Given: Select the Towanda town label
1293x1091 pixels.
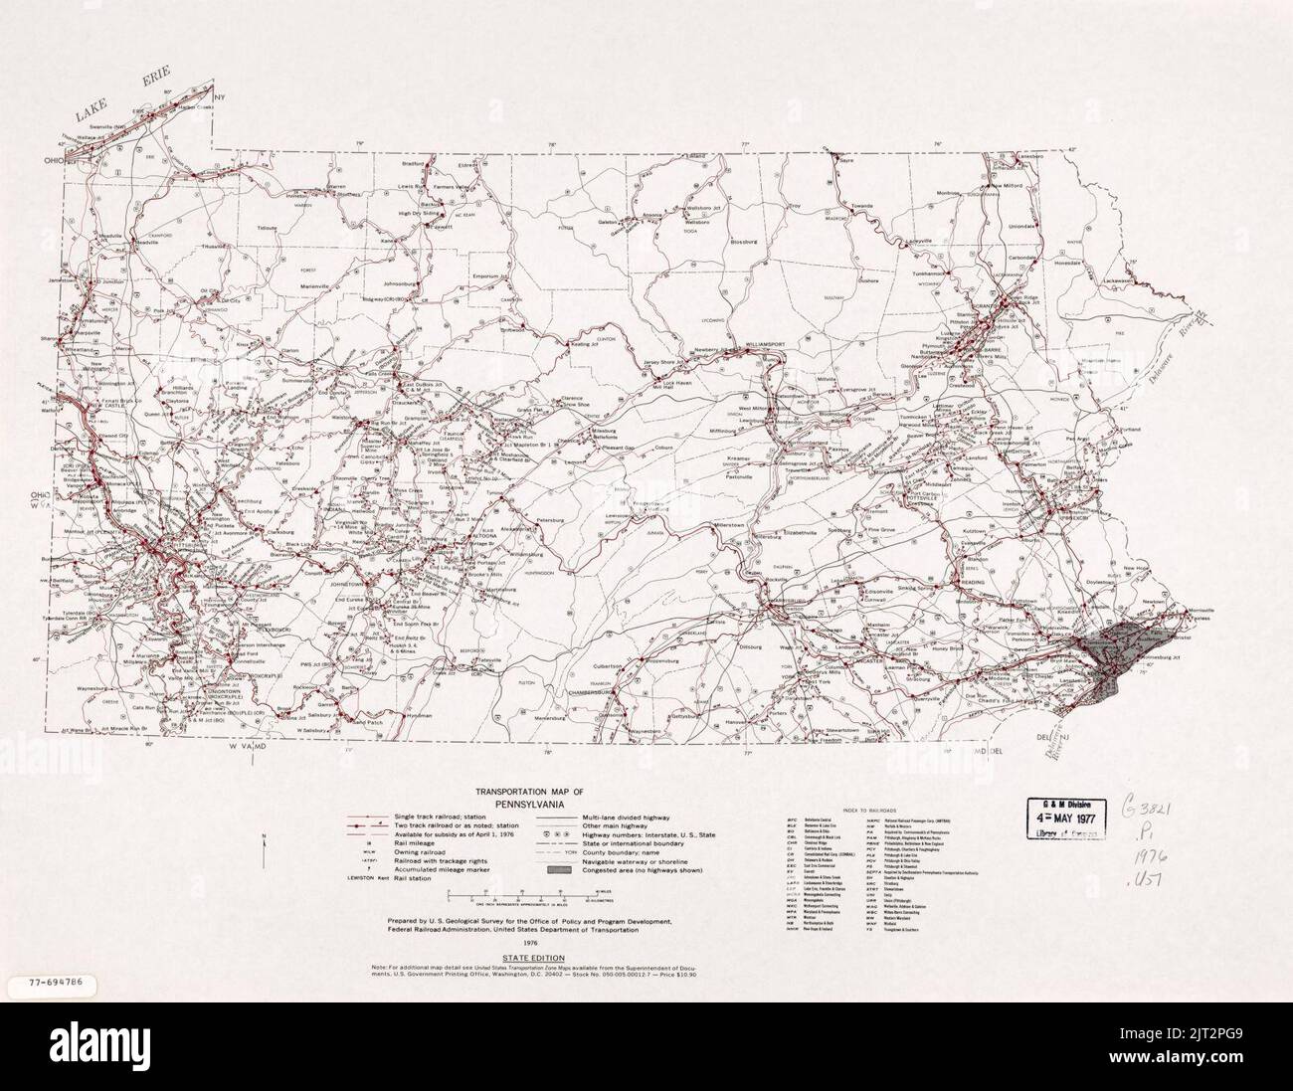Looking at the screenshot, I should click(859, 206).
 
